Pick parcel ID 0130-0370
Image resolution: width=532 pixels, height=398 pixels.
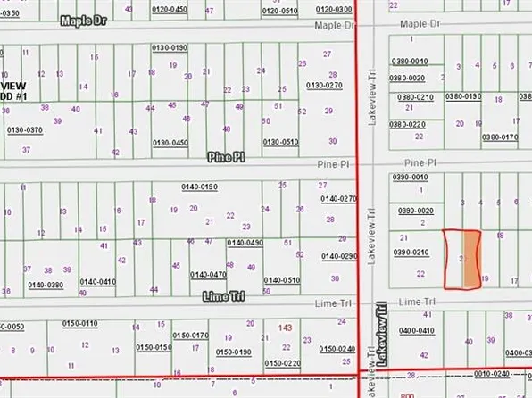[x=24, y=129]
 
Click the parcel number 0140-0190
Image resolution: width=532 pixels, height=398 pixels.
[x=200, y=186]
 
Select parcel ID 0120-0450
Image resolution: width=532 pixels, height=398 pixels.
[x=170, y=9]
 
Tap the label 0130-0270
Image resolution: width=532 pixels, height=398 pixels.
[x=324, y=85]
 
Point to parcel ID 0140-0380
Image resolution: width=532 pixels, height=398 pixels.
[x=46, y=285]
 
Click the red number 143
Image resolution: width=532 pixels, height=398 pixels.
[x=286, y=328]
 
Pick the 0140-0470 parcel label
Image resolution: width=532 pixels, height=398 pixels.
[x=208, y=275]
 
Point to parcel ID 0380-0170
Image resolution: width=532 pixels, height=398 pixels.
[x=500, y=137]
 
